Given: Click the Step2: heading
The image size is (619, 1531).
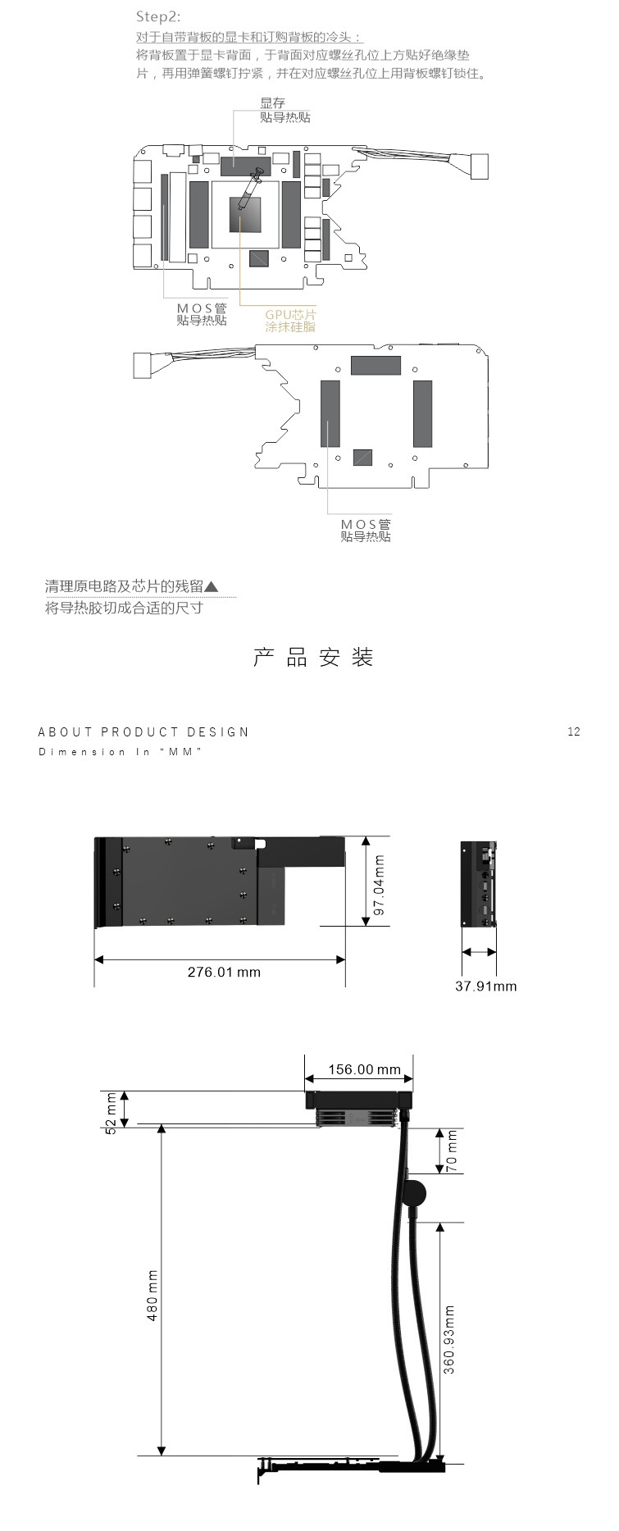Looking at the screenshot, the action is click(x=158, y=16).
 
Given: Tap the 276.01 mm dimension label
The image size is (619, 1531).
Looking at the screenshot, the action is click(x=224, y=972).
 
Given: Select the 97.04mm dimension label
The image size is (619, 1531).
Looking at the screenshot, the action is click(x=379, y=885).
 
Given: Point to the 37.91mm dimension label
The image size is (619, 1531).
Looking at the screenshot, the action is click(x=485, y=986).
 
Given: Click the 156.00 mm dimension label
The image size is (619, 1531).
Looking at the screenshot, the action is click(x=364, y=1069).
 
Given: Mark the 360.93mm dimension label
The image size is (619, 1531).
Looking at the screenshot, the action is click(x=448, y=1339).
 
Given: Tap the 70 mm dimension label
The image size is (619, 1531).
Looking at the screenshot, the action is click(x=452, y=1151).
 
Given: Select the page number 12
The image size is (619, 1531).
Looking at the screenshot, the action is click(x=573, y=731).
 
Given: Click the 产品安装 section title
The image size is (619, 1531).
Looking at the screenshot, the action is click(x=313, y=657).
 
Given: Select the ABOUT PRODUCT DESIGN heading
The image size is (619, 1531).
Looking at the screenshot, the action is click(x=143, y=731).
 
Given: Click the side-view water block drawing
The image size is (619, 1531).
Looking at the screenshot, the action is click(x=478, y=884).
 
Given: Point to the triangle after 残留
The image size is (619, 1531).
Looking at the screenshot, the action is click(x=212, y=586).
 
